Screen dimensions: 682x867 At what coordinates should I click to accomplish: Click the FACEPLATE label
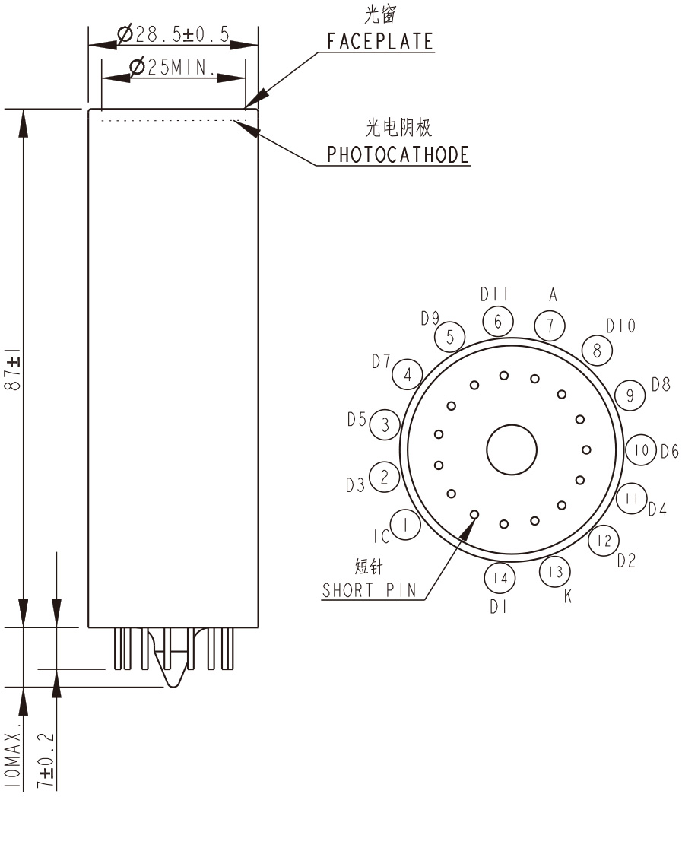380,42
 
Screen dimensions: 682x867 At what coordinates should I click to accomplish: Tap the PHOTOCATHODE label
398,155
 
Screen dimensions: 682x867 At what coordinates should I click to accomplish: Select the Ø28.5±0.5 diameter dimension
173,34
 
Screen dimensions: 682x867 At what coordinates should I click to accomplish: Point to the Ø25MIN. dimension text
173,67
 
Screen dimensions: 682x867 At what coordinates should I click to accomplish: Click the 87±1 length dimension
13,370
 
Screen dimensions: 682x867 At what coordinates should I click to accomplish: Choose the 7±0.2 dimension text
46,761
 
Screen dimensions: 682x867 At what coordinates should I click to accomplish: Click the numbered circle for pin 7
550,326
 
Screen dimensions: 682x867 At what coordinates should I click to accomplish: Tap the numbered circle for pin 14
500,578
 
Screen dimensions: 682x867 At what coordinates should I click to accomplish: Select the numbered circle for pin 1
406,525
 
